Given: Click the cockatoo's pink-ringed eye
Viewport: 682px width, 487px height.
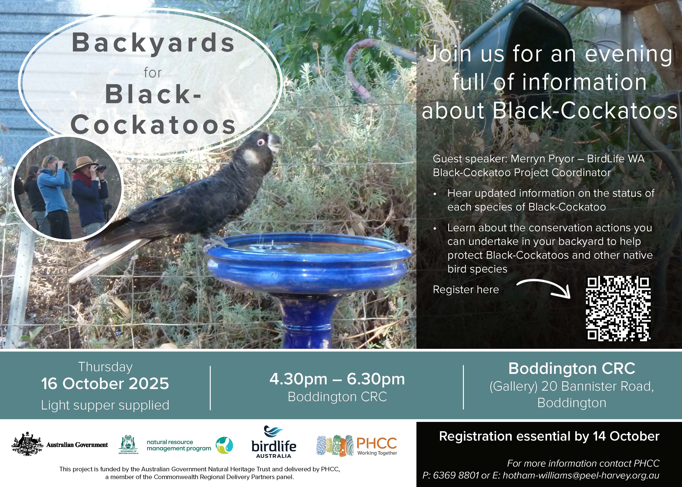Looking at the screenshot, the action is (x=261, y=142).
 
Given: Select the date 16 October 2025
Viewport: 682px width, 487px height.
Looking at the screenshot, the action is (x=105, y=384).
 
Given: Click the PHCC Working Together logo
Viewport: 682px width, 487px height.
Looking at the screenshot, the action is (x=357, y=446).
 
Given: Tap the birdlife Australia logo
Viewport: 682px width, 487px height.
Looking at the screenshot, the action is (x=274, y=442).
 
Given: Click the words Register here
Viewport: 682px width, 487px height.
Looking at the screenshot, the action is (x=466, y=290).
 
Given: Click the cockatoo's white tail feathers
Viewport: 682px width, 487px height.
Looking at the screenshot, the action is (x=108, y=261).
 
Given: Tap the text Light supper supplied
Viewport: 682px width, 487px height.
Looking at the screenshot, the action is (x=105, y=405).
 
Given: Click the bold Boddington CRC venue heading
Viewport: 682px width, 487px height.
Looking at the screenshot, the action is (x=572, y=368).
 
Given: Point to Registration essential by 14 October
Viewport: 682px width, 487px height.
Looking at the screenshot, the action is (x=549, y=436).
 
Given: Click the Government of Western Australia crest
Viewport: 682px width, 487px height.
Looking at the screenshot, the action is (x=128, y=444).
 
